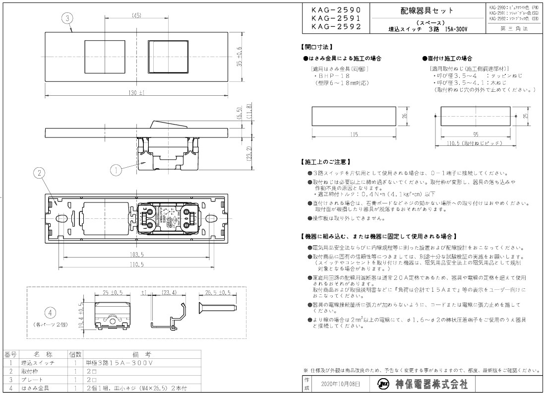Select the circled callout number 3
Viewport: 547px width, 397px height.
(68, 18)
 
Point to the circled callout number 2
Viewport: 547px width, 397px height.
(41, 173)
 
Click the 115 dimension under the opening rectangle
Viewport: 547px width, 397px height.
(353, 134)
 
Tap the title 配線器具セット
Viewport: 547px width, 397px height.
(426, 10)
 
